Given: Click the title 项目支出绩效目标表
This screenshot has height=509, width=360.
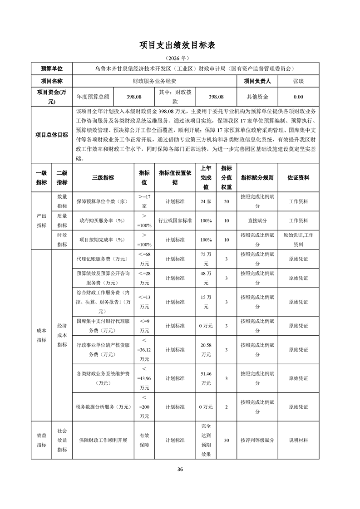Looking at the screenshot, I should point(180,45).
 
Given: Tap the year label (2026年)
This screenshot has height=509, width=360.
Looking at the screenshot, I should point(180,59).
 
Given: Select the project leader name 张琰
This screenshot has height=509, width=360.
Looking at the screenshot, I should point(298,81).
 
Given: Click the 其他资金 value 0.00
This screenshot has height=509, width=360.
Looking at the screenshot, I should point(298,97).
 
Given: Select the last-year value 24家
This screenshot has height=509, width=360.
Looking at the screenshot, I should point(206,201).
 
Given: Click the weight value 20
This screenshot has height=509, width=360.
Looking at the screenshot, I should point(226,201).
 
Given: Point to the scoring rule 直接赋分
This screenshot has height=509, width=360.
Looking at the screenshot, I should point(257,220).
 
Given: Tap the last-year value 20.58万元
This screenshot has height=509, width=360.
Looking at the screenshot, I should point(206,350).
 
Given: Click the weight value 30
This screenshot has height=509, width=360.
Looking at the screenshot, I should point(226,440).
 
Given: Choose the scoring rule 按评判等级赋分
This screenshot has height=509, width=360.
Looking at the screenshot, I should point(257,440).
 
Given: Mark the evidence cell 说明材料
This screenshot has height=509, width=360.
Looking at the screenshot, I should point(298,440).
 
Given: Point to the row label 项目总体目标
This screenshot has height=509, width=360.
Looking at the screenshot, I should point(52,135).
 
